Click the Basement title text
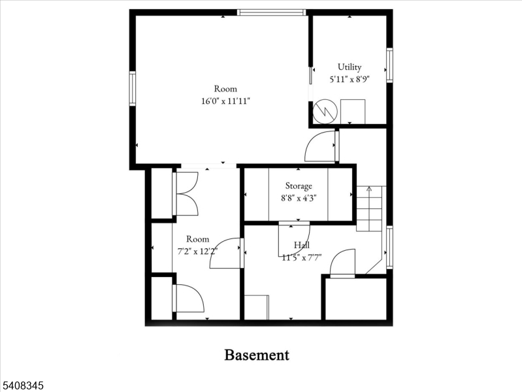257,355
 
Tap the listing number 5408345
22,385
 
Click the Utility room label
350,67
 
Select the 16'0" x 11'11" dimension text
225,101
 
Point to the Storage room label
299,186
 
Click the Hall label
302,246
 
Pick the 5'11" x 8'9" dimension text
350,79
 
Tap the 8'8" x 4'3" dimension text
299,198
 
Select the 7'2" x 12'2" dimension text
197,251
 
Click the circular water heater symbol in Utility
325,112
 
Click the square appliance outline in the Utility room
353,112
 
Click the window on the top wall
272,12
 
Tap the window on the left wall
133,89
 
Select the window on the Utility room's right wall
389,65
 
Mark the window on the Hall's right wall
389,247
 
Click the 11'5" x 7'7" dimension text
302,257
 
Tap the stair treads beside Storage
369,209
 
